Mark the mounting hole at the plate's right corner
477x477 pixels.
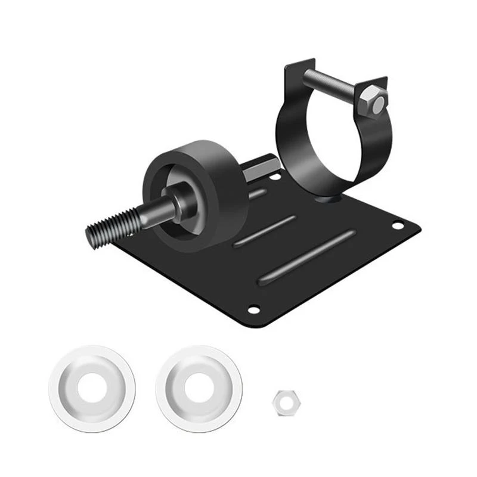397,225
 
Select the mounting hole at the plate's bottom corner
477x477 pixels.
253,309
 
